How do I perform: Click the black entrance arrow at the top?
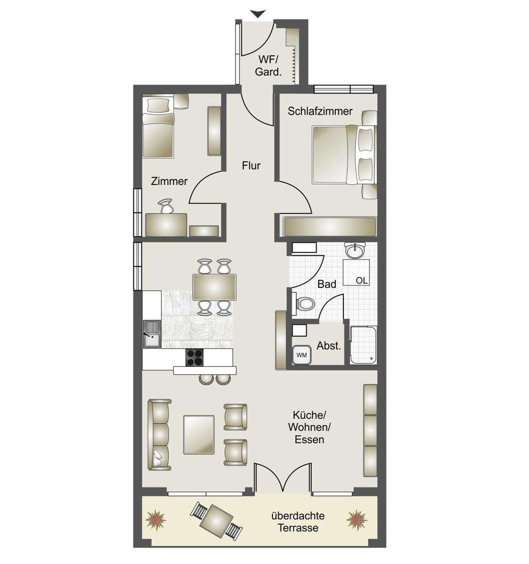(x=258, y=14)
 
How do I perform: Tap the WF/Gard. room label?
(x=268, y=66)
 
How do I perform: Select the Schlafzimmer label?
(x=320, y=111)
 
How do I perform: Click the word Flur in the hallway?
(x=251, y=165)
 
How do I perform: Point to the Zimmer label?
(x=169, y=181)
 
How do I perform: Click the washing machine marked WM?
(x=301, y=355)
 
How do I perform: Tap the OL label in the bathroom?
(x=362, y=280)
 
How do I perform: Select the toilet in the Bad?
(x=304, y=303)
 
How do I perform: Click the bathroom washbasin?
(x=355, y=249)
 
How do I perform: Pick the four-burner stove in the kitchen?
(x=194, y=358)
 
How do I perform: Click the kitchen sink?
(x=152, y=334)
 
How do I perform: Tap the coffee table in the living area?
(x=199, y=435)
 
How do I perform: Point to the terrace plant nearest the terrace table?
(x=156, y=520)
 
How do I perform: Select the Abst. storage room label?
(x=328, y=346)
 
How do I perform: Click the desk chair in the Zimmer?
(x=166, y=206)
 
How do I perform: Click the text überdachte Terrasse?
(x=298, y=522)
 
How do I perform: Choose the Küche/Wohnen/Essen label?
(x=309, y=427)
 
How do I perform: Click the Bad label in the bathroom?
(x=327, y=284)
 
